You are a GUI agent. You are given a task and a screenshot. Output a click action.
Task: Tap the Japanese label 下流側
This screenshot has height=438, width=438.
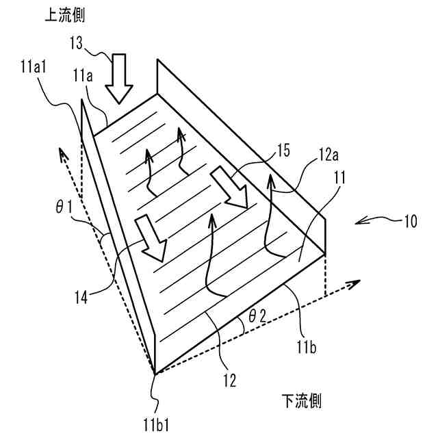pyautogui.click(x=300, y=400)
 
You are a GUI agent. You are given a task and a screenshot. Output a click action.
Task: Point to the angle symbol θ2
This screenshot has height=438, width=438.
pyautogui.click(x=257, y=317)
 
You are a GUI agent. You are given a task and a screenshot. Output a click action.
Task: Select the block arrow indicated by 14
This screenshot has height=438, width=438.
pyautogui.click(x=150, y=238)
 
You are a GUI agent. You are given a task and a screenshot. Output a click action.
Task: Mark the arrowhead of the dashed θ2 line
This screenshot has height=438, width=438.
pyautogui.click(x=355, y=282)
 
